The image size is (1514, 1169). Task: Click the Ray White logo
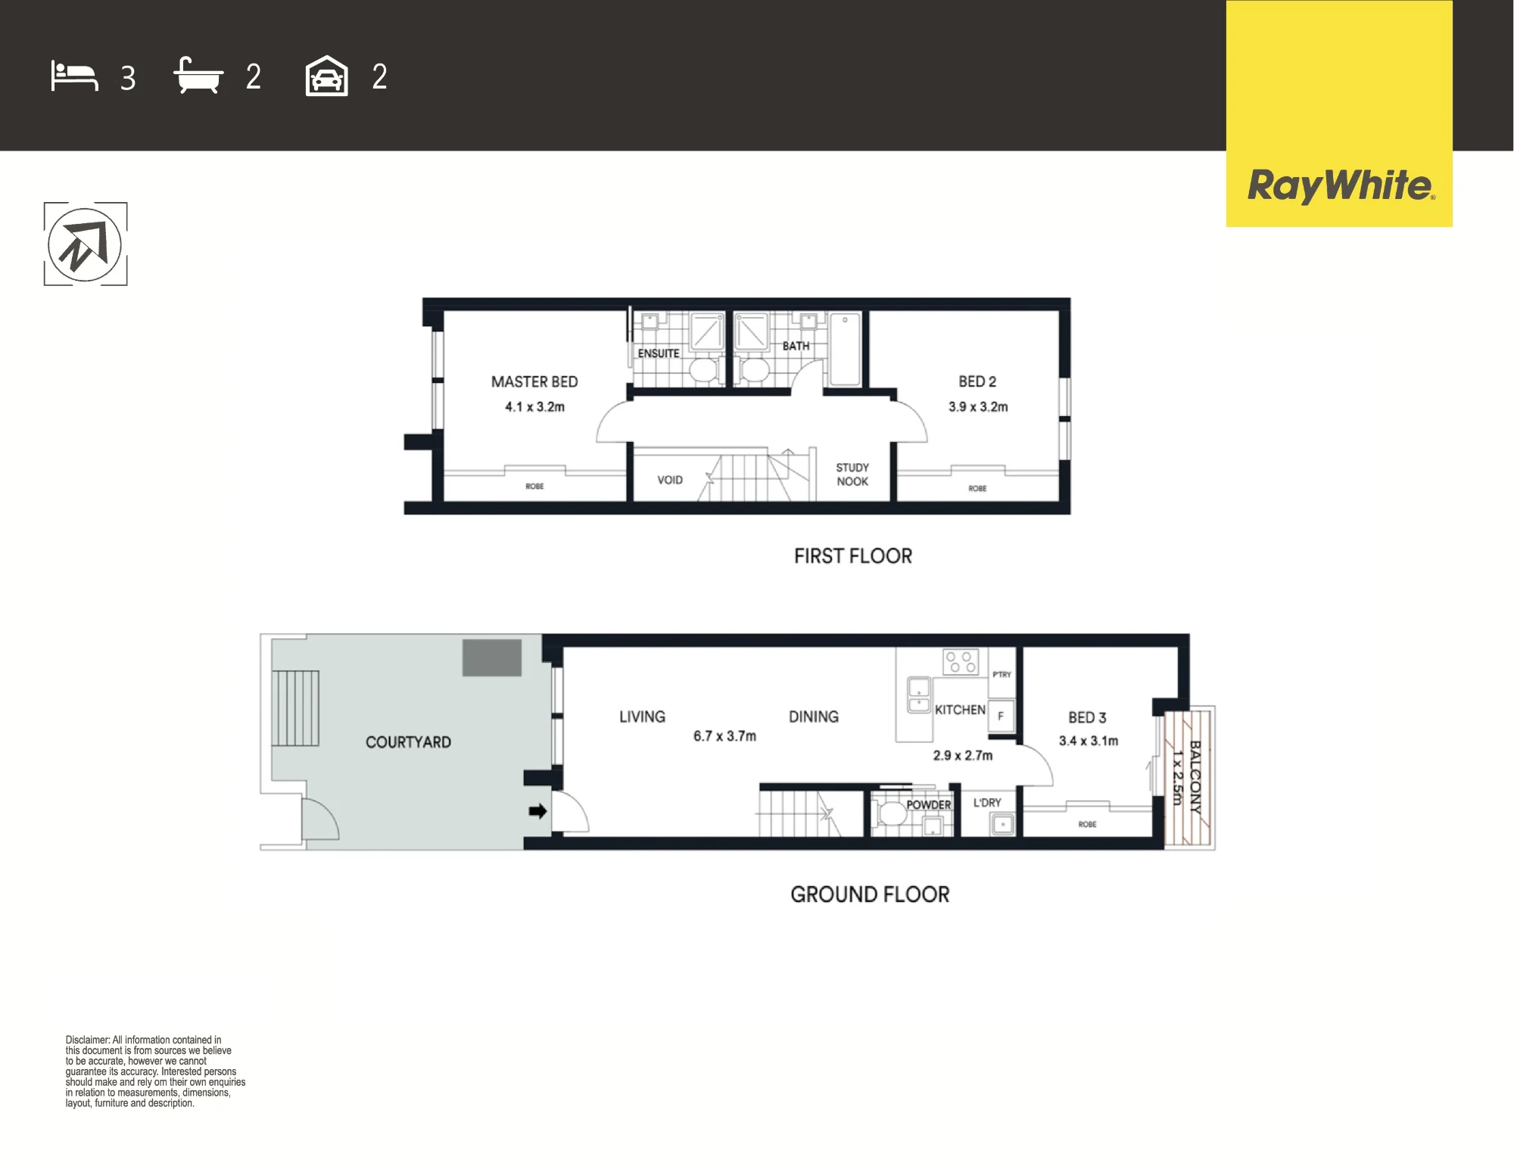(x=1339, y=186)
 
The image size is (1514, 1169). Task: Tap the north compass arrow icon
(x=85, y=244)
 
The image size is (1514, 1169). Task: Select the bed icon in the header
(x=74, y=76)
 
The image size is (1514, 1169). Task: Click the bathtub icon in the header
(x=198, y=75)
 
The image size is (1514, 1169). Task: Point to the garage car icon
(x=326, y=76)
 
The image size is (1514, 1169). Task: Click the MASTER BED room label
(x=534, y=382)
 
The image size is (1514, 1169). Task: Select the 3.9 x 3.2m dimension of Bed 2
(x=978, y=406)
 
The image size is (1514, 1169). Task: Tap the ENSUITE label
(x=659, y=353)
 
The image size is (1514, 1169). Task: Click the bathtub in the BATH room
(x=845, y=350)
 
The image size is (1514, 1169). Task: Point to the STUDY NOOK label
(x=852, y=474)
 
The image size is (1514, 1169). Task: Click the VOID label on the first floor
(x=670, y=480)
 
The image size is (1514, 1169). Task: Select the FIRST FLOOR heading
(x=853, y=556)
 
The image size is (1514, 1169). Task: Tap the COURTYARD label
(x=408, y=742)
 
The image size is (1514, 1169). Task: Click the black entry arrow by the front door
(x=537, y=811)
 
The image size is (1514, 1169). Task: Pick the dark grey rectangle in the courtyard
(x=492, y=658)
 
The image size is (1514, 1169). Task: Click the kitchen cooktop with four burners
(x=961, y=662)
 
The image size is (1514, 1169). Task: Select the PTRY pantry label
(x=1002, y=674)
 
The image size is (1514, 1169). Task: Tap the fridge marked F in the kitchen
(x=1001, y=715)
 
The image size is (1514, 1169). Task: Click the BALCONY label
(x=1195, y=777)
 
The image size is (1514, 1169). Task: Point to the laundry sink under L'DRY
(x=1003, y=823)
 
